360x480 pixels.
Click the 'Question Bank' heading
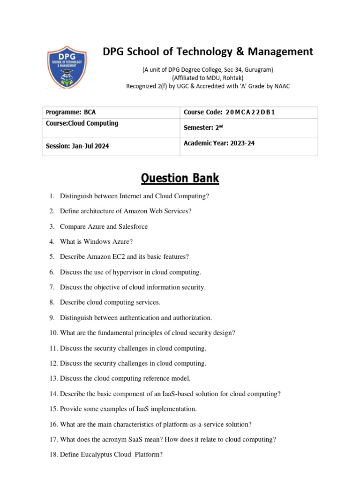180,178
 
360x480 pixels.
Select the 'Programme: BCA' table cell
71,112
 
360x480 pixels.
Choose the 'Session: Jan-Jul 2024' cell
77,146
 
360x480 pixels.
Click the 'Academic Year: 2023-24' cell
219,143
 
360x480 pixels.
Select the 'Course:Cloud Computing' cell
82,124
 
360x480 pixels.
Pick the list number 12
53,363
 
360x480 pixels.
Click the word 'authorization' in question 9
193,318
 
